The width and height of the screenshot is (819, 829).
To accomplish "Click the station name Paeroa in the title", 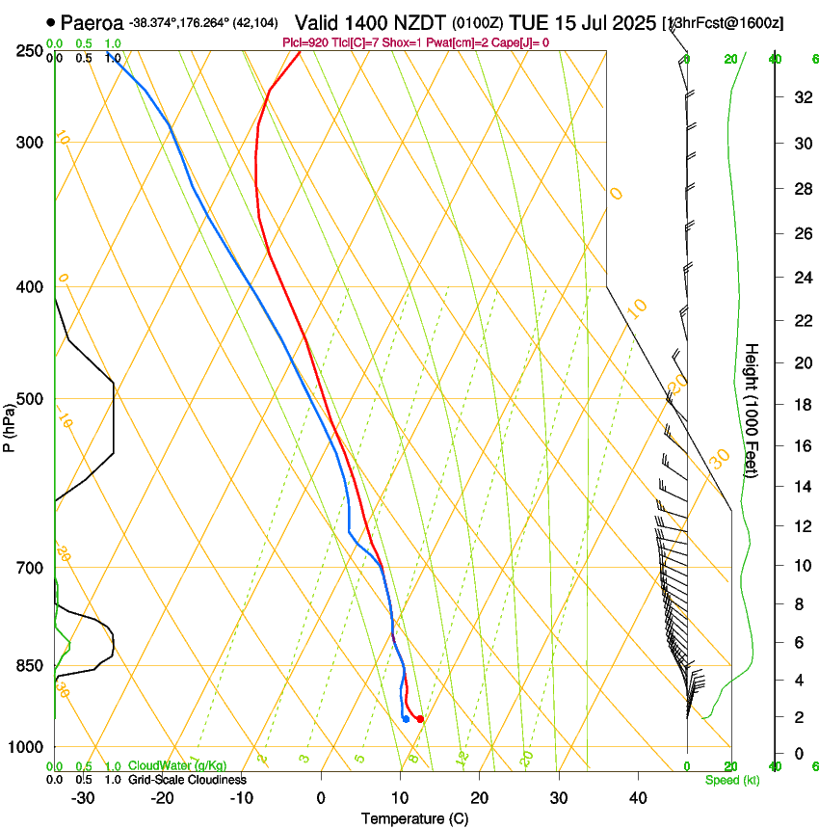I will click(93, 21).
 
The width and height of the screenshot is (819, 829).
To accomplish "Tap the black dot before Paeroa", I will click(50, 21).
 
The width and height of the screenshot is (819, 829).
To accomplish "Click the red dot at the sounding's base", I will click(419, 718).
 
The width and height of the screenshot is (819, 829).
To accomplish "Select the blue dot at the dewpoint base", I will click(406, 718).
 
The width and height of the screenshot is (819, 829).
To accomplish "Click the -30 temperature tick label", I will click(83, 798).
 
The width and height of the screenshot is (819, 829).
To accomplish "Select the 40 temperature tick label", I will click(637, 798).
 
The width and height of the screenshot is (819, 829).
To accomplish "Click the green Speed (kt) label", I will click(731, 780).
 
